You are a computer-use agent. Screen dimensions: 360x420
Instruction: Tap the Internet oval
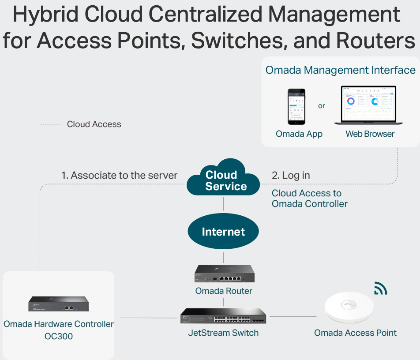(x=223, y=232)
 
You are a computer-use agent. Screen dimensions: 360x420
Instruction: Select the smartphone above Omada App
(x=297, y=106)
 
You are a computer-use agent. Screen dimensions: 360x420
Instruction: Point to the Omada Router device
(x=224, y=274)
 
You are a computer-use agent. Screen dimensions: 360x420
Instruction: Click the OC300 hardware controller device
(x=59, y=304)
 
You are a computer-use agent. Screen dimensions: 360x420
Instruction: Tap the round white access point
(x=349, y=308)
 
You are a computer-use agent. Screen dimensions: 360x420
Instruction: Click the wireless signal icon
(x=380, y=288)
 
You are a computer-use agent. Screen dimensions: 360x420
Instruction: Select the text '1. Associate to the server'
(x=119, y=175)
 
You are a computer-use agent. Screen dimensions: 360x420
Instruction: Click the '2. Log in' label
(x=291, y=175)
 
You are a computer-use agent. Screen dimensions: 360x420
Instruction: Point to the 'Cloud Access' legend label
(x=94, y=124)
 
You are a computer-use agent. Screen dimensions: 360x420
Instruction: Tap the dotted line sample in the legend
(x=51, y=124)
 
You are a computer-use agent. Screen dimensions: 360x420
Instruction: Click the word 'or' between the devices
(x=322, y=106)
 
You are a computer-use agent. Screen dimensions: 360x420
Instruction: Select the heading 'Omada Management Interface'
(x=341, y=70)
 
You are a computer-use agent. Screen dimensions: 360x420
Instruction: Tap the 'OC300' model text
(x=59, y=336)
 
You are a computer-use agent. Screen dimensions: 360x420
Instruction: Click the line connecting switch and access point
(x=293, y=316)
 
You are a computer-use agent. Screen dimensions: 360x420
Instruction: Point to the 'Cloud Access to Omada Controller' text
(x=309, y=199)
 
